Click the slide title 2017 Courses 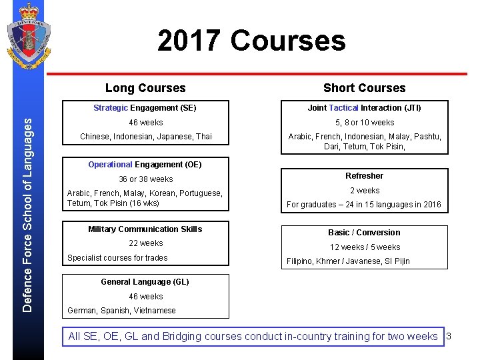(251, 40)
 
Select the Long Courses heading (145, 88)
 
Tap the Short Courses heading (364, 88)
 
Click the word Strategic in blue (111, 108)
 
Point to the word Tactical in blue (344, 108)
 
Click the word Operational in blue (110, 165)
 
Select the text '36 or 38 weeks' (145, 179)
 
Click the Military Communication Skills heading (145, 229)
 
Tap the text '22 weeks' (145, 243)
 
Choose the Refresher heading (364, 176)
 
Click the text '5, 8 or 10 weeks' (364, 123)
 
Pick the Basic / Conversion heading (364, 233)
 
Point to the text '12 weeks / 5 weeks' (364, 247)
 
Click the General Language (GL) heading (145, 282)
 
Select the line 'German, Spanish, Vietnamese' (122, 311)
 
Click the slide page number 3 (449, 336)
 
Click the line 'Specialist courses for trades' (117, 258)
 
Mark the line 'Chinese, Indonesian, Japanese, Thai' (145, 137)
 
